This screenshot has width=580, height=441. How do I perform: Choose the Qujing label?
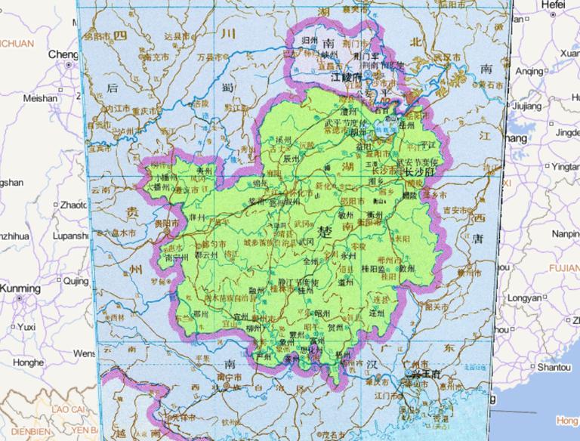tap(76, 281)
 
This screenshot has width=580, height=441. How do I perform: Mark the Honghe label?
tap(28, 362)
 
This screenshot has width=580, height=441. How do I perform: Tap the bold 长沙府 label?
tap(420, 172)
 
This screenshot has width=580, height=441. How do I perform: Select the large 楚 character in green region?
tap(325, 230)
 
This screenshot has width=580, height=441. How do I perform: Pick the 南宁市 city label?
tap(229, 376)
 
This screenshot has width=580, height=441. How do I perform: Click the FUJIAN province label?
tap(563, 268)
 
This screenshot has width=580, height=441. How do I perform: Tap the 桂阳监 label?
tap(374, 267)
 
